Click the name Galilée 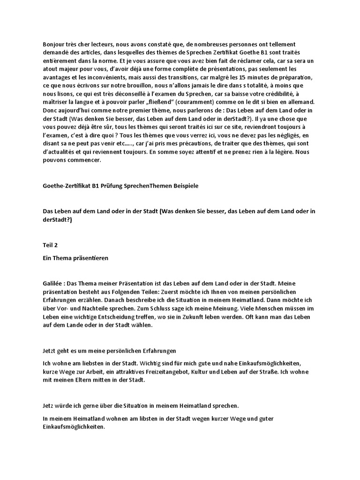point(52,283)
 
